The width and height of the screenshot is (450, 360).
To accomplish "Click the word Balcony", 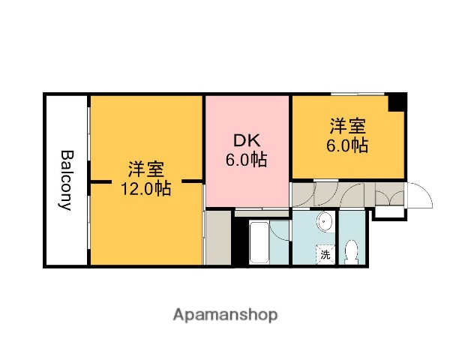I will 67,180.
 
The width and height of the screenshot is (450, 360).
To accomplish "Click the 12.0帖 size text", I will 146,188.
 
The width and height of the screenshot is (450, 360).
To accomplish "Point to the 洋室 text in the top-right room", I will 346,125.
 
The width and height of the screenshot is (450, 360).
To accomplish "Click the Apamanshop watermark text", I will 225,313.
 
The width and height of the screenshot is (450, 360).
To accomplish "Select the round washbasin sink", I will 325,221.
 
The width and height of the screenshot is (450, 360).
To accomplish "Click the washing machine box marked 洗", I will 325,253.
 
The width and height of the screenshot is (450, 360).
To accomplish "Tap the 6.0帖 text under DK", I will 247,159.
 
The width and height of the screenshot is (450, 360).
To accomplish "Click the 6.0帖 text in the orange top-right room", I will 346,145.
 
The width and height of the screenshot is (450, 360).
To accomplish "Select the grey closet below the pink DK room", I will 218,238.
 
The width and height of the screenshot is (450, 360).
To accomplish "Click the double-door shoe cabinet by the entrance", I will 389,196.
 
